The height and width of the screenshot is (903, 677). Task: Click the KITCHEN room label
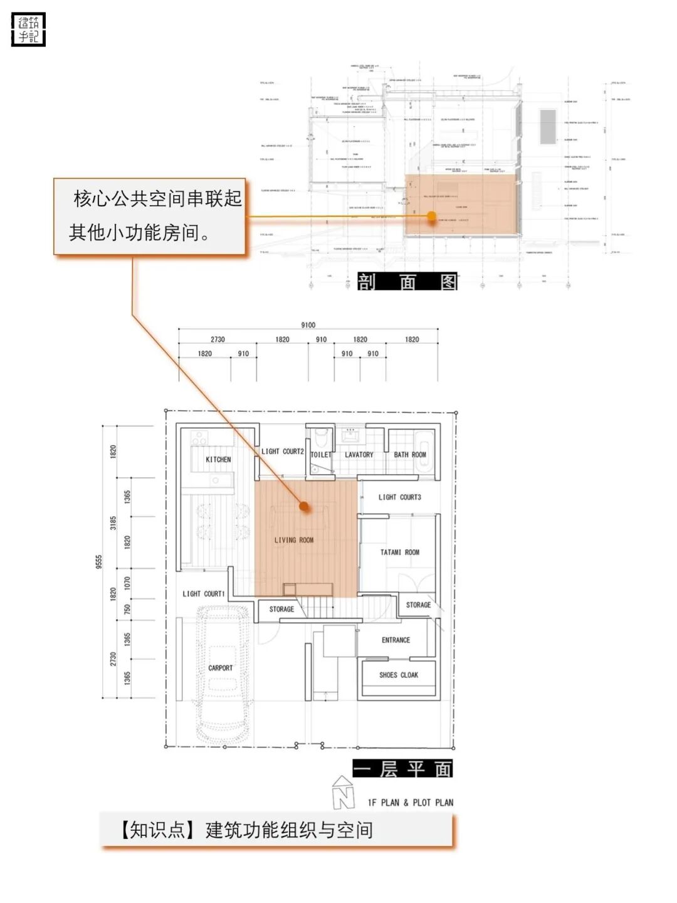pos(218,460)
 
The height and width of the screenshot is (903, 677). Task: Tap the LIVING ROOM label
pos(294,540)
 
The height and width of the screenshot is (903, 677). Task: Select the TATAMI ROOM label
pos(400,552)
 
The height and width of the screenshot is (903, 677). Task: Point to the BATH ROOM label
pos(410,455)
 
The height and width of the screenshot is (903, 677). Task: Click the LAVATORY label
pos(359,455)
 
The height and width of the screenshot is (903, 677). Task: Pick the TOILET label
pos(320,455)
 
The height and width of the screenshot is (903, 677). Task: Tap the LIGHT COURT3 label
pos(400,497)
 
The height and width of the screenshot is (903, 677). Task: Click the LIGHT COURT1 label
pos(203,594)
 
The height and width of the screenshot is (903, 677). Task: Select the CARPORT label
pos(220,668)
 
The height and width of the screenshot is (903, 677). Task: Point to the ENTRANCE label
pos(396,640)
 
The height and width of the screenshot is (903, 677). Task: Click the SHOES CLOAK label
pos(399,675)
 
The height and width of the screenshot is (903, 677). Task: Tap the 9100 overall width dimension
pos(308,325)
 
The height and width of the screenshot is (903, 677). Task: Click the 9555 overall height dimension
pos(99,562)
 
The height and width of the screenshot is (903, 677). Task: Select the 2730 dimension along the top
pos(218,339)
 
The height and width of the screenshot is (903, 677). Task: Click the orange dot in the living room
pos(304,505)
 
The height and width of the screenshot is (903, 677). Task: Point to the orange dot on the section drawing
pos(431,216)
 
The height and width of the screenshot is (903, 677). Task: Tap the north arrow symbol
pos(343,793)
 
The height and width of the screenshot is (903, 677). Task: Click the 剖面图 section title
pos(407,282)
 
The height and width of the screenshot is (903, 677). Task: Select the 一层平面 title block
pos(402,769)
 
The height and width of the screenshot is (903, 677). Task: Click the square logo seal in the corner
pos(29,29)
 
